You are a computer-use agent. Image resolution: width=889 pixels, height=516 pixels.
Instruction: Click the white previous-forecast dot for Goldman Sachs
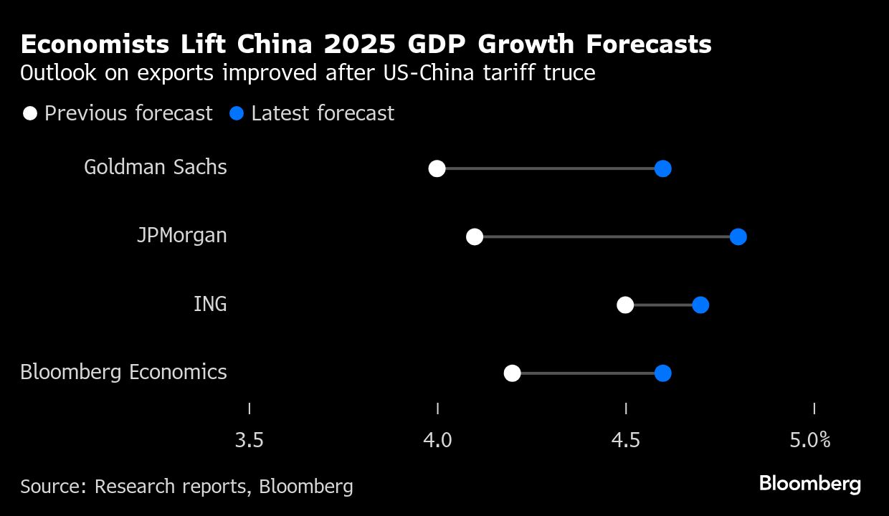point(437,169)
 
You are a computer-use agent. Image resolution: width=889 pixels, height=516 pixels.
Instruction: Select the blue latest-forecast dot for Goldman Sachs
point(662,169)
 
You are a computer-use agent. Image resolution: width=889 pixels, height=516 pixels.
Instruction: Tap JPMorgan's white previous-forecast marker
point(475,237)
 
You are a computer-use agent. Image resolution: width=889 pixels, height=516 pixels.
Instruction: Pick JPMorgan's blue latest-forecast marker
point(738,237)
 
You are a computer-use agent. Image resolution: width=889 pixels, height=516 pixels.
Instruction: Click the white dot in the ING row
point(625,305)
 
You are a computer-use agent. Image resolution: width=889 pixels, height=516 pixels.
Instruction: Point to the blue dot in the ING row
point(700,305)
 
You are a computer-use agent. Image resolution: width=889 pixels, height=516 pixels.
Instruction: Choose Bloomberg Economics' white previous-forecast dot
point(512,373)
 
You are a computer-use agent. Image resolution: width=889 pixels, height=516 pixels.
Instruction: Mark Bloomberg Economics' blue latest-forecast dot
point(662,373)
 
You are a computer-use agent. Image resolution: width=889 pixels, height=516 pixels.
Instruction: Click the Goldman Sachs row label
point(156,168)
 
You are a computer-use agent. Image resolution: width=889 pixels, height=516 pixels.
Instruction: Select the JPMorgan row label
point(182,236)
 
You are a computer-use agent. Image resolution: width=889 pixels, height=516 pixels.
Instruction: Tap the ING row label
point(210,304)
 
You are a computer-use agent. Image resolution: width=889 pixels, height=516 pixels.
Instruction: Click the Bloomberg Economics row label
point(123,373)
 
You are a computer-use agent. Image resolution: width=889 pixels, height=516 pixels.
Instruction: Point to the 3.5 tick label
point(249,439)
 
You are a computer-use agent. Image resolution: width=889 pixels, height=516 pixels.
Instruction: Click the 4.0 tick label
point(437,439)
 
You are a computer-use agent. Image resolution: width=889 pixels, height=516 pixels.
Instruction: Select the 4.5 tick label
point(626,439)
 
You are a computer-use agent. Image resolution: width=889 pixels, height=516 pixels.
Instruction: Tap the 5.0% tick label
point(810,439)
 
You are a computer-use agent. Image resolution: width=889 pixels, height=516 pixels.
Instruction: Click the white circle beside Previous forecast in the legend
point(30,113)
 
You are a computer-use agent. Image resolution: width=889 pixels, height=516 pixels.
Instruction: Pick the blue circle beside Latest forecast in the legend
point(237,113)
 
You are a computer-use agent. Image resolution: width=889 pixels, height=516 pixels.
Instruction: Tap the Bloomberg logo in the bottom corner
point(810,484)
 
